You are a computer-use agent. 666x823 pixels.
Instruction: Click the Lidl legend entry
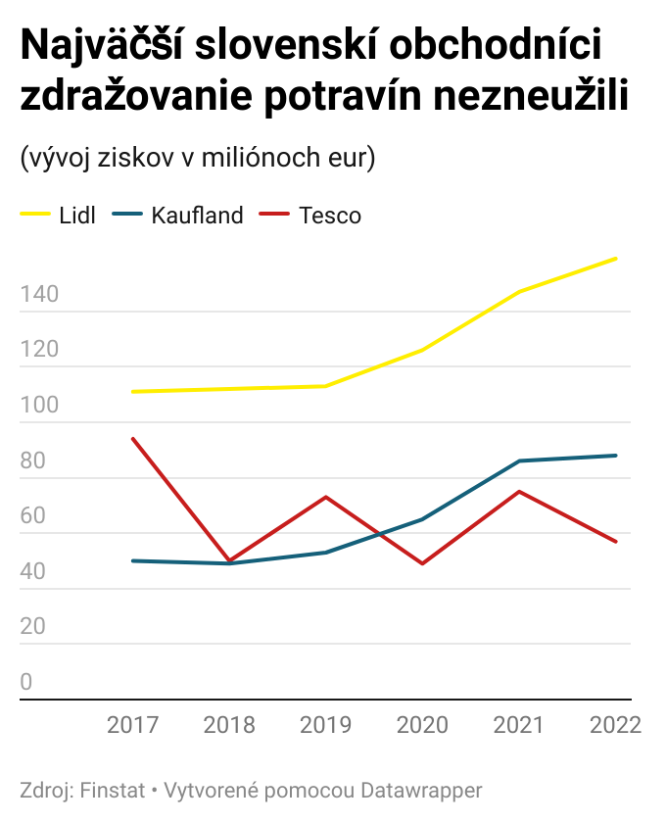[77, 216]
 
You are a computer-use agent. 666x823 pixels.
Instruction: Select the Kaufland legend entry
[197, 216]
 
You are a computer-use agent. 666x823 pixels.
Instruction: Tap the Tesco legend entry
[330, 216]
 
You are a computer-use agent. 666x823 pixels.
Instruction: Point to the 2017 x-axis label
[132, 725]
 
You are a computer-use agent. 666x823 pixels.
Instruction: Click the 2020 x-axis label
[423, 725]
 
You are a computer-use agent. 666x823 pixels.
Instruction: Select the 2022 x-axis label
[616, 725]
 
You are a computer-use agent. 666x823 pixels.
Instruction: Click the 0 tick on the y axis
[26, 683]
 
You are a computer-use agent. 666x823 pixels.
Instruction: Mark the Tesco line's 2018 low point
[229, 560]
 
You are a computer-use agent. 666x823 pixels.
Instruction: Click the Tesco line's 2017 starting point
[132, 438]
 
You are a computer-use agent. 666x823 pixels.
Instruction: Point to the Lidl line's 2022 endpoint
[616, 259]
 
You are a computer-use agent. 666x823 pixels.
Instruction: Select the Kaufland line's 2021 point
[519, 460]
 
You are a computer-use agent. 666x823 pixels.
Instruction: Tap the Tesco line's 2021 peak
[519, 491]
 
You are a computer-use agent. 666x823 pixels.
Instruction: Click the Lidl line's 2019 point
[326, 386]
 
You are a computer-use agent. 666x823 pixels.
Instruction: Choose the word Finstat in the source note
[108, 790]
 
